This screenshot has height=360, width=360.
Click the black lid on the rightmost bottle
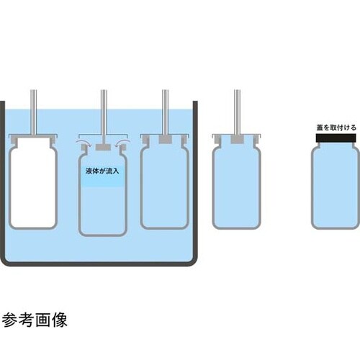coord(336,138)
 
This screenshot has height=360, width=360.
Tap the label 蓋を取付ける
coord(336,127)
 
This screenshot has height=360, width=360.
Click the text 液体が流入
coord(102,171)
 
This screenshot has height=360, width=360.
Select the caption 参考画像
coord(35,320)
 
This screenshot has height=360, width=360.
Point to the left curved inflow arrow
coord(83,143)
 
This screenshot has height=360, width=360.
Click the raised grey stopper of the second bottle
coord(103,147)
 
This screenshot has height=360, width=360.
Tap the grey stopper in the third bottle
coord(165,140)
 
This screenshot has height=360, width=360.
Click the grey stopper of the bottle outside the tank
coord(237,140)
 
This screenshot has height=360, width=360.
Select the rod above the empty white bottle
coord(34,112)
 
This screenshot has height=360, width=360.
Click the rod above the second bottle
coord(104,117)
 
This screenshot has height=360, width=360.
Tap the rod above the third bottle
coord(165,112)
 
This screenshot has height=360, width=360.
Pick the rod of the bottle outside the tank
coord(237,112)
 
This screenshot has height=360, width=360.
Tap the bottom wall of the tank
coord(99,264)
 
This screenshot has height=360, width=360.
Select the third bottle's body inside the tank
coord(165,186)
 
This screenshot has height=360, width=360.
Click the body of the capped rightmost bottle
coord(336,186)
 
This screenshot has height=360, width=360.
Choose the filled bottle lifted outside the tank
coord(237,186)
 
